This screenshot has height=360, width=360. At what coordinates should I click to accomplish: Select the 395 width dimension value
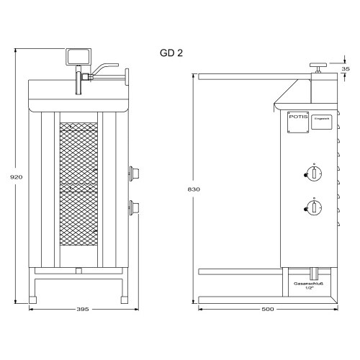[82, 310]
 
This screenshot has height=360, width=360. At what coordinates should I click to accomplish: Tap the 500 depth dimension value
[269, 310]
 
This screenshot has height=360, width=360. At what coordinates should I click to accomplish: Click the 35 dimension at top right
[346, 69]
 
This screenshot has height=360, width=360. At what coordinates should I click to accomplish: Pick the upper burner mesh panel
[77, 153]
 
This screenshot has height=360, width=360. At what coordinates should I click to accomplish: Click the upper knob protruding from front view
[133, 173]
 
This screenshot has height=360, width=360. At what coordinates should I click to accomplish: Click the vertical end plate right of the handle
[126, 76]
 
